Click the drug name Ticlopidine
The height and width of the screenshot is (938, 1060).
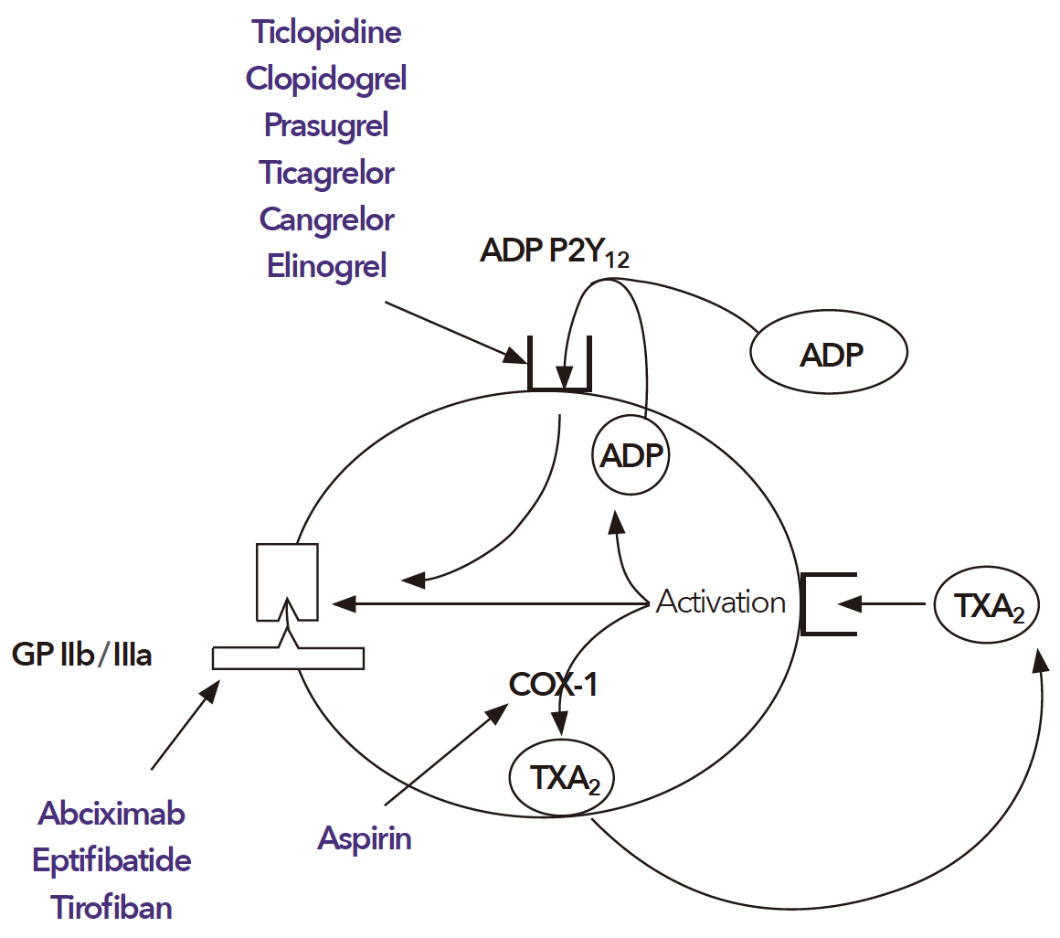[x=327, y=33]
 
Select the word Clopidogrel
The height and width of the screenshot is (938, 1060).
[x=326, y=79]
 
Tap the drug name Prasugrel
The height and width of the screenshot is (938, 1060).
[x=326, y=125]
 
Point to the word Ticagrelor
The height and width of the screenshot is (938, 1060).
[x=326, y=172]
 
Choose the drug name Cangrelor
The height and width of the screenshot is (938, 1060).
[x=326, y=219]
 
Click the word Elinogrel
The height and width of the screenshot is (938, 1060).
[x=326, y=266]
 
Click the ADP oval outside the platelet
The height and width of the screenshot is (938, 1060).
[x=828, y=353]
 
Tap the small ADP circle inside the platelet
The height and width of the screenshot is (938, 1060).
[x=631, y=453]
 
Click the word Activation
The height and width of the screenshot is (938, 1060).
[x=721, y=602]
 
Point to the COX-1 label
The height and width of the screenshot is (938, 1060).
[x=554, y=685]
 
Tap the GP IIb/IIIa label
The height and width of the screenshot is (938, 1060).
[x=82, y=656]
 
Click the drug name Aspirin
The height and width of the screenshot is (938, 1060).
[x=365, y=838]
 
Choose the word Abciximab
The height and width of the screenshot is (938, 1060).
[x=111, y=813]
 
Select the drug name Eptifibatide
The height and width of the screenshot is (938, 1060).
[x=111, y=860]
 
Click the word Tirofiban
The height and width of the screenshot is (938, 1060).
[x=111, y=908]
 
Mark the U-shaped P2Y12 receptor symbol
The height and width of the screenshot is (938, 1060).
[x=560, y=366]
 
